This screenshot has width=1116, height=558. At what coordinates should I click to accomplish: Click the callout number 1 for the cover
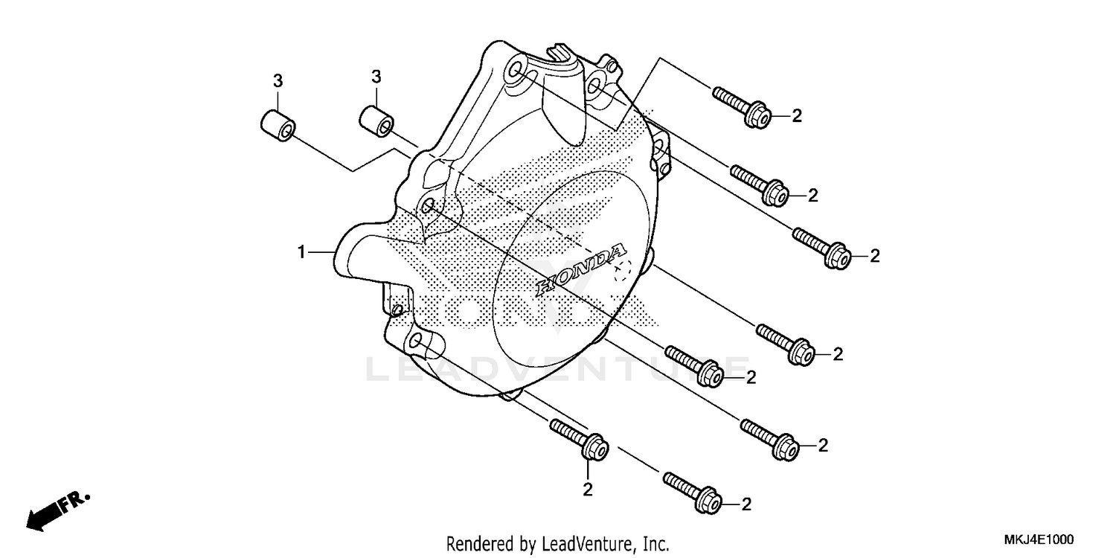pyautogui.click(x=301, y=253)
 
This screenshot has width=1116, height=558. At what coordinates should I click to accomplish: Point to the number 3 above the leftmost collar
pyautogui.click(x=277, y=80)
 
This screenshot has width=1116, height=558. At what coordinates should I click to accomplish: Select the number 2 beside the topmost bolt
pyautogui.click(x=796, y=115)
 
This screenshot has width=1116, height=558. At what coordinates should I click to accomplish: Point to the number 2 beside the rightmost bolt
pyautogui.click(x=875, y=256)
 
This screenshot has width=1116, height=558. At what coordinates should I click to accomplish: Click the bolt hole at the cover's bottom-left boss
pyautogui.click(x=416, y=341)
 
